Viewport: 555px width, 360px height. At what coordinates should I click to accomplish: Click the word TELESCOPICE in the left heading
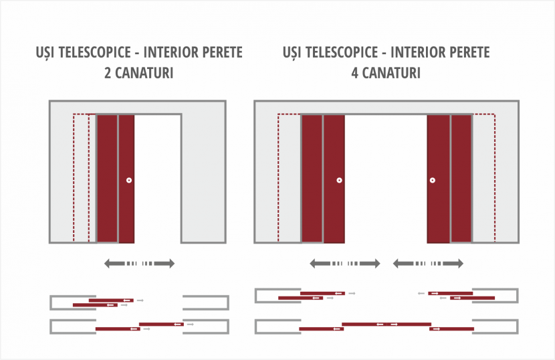[x=95, y=52]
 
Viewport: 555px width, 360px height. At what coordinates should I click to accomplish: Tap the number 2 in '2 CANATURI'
[x=108, y=73]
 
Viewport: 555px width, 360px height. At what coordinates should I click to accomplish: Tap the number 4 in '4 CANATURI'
[x=355, y=73]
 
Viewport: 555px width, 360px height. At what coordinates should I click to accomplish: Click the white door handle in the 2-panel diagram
[x=129, y=180]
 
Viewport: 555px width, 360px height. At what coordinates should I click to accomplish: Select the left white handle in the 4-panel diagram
[x=340, y=180]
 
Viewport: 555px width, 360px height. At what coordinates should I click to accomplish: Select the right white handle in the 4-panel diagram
[x=433, y=180]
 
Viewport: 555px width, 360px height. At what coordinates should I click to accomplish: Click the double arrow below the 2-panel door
[x=140, y=263]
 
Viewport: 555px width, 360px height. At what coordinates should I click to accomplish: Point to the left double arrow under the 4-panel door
[x=345, y=263]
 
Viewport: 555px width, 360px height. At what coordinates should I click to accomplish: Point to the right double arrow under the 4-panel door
[x=428, y=263]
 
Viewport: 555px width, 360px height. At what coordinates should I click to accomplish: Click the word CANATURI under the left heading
[x=144, y=73]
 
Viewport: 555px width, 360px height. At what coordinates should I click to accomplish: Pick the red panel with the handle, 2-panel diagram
[x=126, y=179]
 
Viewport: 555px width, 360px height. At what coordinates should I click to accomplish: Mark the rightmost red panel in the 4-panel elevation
[x=461, y=179]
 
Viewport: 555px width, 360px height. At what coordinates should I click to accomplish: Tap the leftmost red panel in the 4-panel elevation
[x=312, y=179]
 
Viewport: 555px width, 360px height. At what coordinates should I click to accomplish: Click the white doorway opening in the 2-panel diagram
[x=158, y=179]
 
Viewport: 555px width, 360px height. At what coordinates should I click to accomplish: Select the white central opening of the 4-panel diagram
[x=386, y=179]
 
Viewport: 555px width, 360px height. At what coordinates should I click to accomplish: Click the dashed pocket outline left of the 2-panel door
[x=74, y=177]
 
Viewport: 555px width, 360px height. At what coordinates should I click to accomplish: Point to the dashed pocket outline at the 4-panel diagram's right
[x=494, y=177]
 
